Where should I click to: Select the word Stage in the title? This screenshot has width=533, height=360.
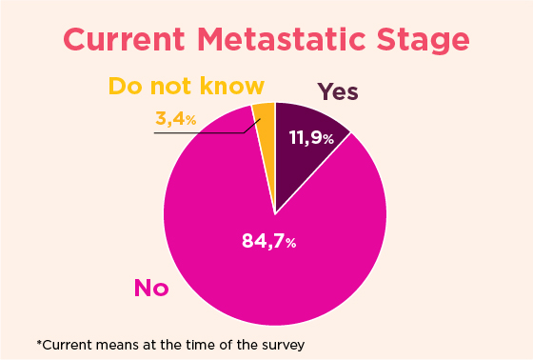(426, 42)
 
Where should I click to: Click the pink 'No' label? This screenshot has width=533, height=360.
(151, 287)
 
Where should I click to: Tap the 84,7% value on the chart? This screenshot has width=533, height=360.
(269, 241)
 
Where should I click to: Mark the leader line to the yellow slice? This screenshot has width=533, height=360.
(205, 132)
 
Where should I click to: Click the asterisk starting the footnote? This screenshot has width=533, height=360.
(39, 342)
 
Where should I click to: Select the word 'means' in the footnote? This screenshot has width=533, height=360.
(121, 343)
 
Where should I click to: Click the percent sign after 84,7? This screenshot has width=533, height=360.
(290, 243)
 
